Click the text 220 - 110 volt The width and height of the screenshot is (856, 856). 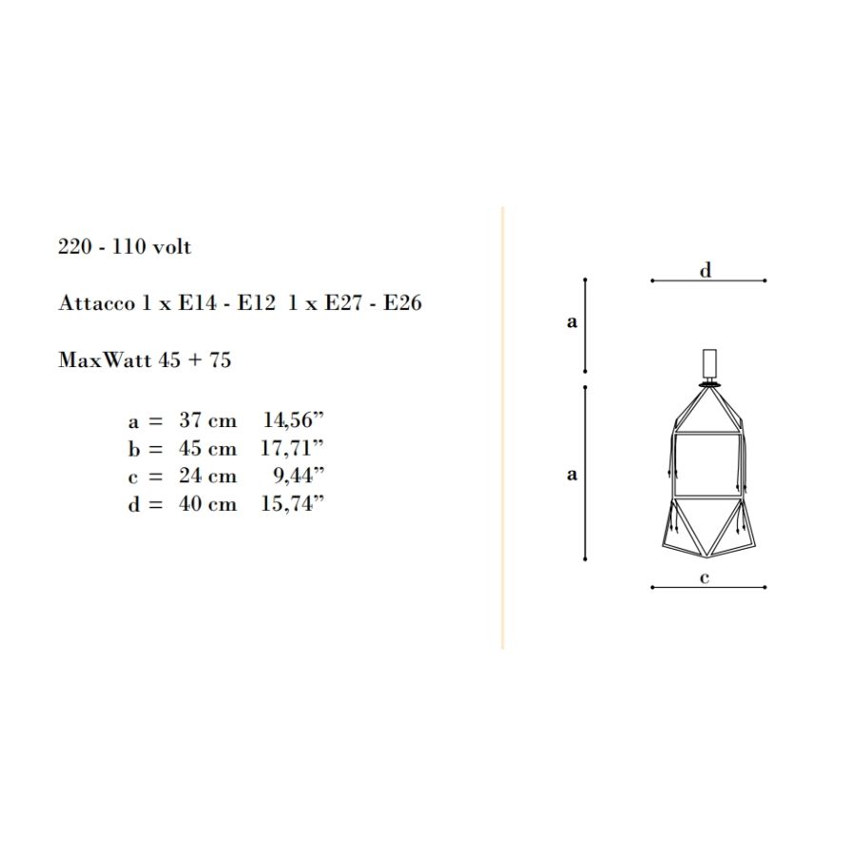point(125,246)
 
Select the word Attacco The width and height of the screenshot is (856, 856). point(96,303)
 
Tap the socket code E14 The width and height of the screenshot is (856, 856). point(197,303)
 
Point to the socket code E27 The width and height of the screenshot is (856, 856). point(342,303)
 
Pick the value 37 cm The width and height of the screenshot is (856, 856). point(208,420)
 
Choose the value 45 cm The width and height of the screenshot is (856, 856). point(208,448)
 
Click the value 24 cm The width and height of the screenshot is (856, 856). point(208,476)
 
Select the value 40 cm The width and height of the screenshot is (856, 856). point(208,503)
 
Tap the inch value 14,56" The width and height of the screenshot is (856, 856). point(294,419)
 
